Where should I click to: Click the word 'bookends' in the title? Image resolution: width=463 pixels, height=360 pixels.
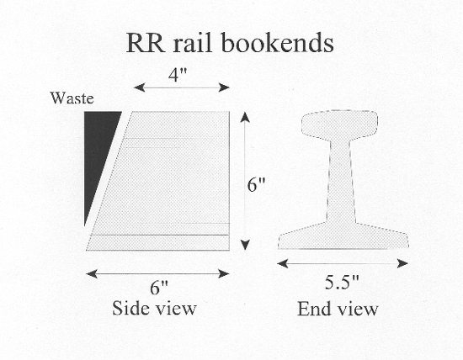(277, 43)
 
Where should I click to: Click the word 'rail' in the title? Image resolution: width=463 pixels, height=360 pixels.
(193, 43)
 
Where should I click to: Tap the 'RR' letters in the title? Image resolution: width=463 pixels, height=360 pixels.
(146, 44)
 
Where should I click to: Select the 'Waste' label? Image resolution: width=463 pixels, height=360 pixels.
(72, 98)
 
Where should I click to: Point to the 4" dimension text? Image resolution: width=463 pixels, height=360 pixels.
(178, 75)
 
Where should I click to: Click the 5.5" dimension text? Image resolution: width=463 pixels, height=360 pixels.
(342, 282)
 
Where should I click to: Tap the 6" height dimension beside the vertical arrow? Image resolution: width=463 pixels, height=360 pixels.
(256, 185)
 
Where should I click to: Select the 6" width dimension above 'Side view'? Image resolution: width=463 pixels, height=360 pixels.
(159, 287)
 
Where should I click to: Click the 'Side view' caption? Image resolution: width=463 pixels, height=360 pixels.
(154, 309)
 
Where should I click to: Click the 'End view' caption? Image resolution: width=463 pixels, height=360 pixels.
(338, 309)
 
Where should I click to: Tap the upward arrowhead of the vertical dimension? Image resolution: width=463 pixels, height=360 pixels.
(245, 117)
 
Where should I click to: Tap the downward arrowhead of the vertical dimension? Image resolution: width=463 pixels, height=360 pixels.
(245, 245)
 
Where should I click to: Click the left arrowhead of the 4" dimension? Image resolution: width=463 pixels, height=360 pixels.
(139, 87)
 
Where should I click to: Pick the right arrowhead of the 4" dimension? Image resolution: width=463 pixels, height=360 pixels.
(224, 87)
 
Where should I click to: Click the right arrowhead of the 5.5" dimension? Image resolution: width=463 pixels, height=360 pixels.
(402, 263)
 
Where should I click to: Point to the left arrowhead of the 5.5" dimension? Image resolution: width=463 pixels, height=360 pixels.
(283, 263)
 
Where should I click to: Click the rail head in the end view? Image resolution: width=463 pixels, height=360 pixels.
(340, 124)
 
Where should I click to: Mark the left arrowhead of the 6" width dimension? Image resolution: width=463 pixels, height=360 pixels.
(92, 274)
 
